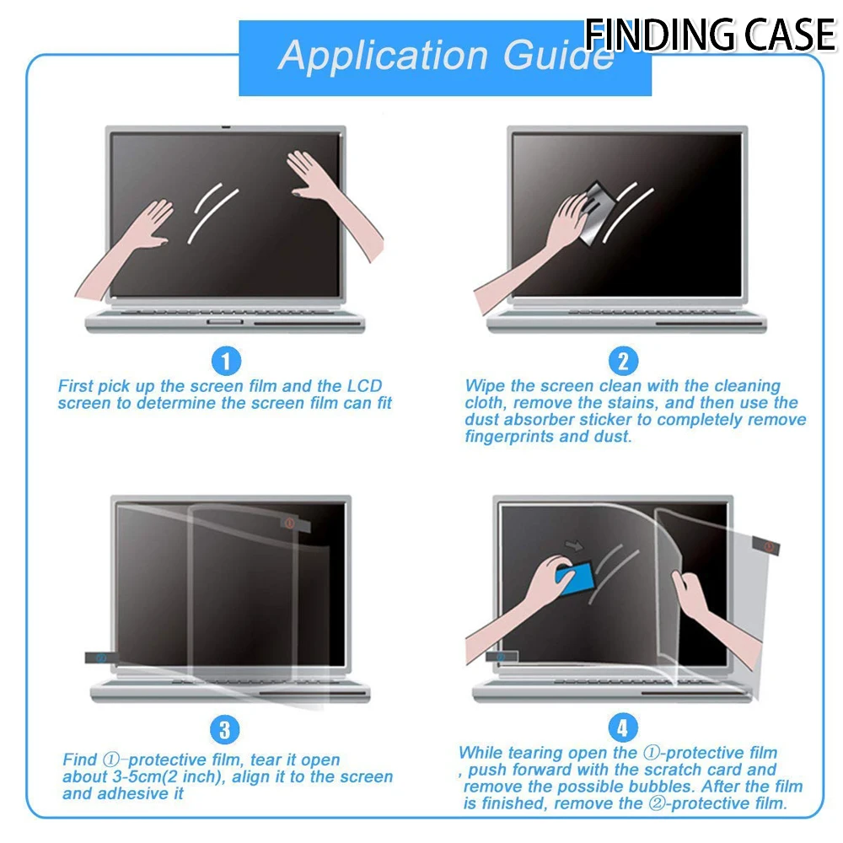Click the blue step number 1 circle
tap(225, 362)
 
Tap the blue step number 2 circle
tap(623, 362)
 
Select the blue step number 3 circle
tap(225, 728)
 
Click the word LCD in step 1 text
tap(364, 386)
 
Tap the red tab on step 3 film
tap(289, 524)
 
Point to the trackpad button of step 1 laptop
tap(223, 323)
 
